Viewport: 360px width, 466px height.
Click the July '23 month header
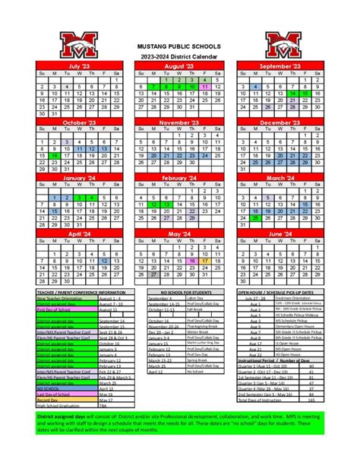(79, 67)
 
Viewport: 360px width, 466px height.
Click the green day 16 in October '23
(55, 155)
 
